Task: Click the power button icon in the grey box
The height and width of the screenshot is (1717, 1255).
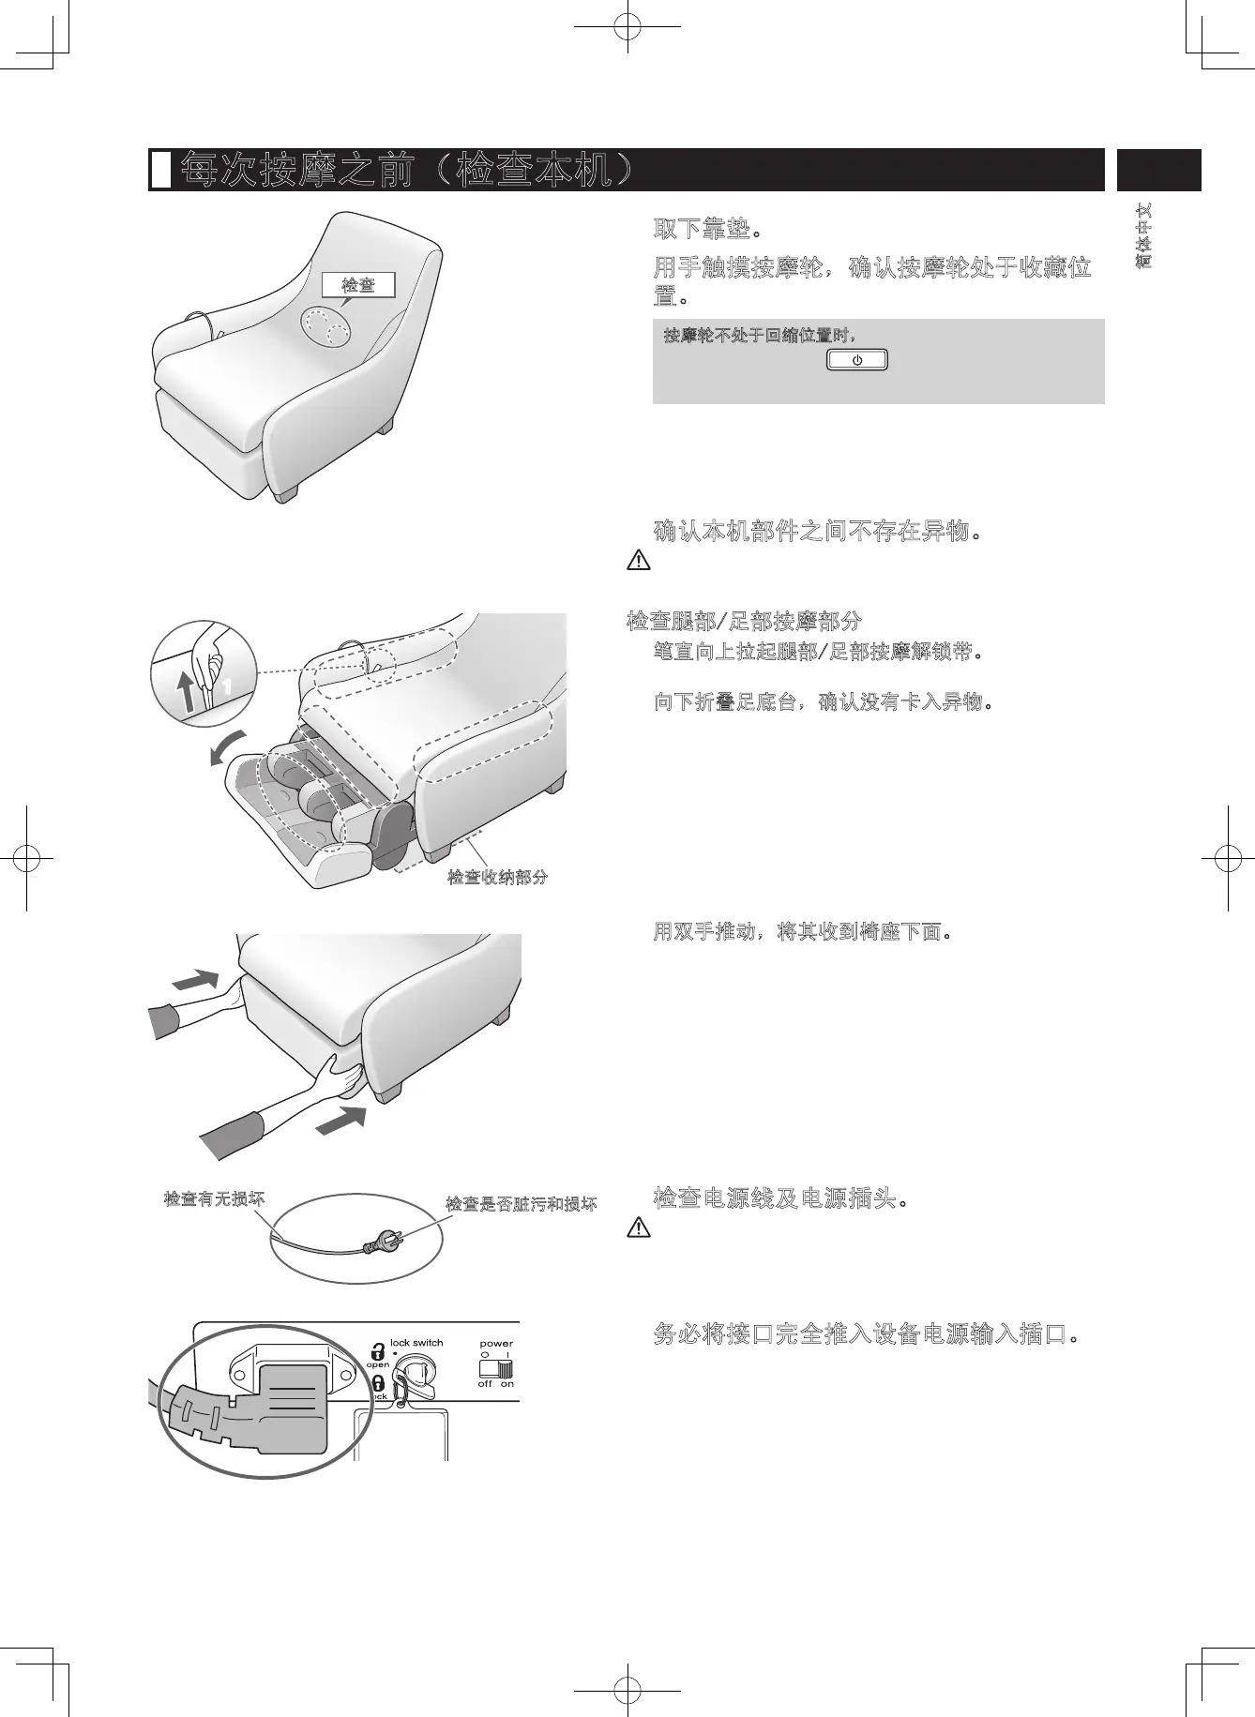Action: [856, 361]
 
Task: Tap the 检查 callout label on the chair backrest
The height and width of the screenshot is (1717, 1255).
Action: [357, 284]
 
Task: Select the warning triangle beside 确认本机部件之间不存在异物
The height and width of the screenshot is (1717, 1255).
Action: [638, 561]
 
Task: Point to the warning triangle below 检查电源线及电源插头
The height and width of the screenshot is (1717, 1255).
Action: [638, 1227]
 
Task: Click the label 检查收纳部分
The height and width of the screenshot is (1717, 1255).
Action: [497, 878]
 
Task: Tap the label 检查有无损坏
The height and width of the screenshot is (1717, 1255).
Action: [214, 1198]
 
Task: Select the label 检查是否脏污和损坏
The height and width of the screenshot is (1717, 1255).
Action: [521, 1204]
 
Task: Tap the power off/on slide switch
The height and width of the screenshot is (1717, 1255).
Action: [496, 1368]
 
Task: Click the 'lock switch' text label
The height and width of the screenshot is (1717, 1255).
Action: [416, 1343]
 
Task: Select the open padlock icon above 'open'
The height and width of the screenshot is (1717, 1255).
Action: [377, 1351]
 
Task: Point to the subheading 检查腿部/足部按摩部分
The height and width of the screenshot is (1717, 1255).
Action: [743, 621]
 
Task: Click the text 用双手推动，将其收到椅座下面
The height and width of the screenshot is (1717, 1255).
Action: [803, 932]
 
